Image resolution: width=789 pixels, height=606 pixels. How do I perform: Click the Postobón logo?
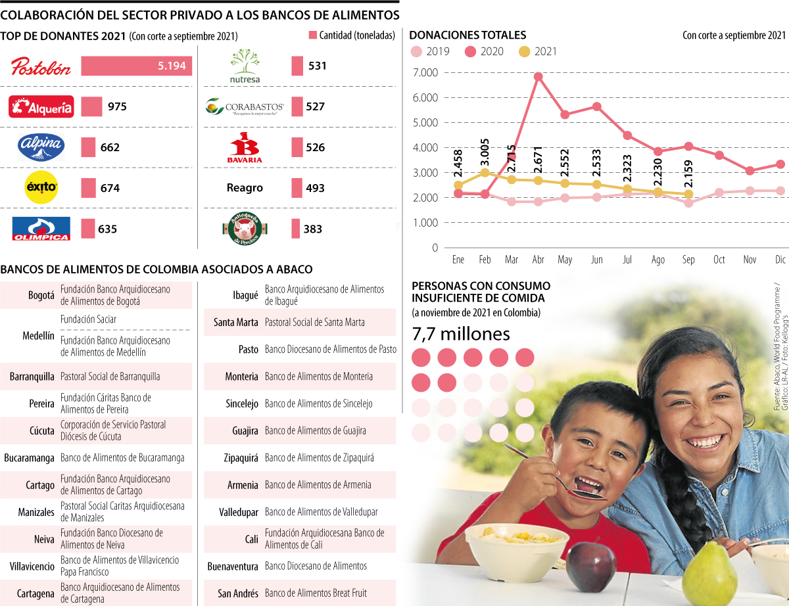coord(41,66)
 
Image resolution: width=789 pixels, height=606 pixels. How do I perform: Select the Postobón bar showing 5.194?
coord(136,66)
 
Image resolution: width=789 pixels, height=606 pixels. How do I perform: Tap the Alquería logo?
coord(41,106)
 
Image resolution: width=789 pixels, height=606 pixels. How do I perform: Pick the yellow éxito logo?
coord(41,187)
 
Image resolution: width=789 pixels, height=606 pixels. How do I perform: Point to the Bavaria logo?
coord(245,147)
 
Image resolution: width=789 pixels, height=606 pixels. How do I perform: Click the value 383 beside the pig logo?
coord(313,229)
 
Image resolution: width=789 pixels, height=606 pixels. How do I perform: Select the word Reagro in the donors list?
coord(245,188)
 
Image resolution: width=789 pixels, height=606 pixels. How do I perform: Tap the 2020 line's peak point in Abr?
coord(538,76)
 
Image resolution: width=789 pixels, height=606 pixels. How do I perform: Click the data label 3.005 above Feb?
coord(485,151)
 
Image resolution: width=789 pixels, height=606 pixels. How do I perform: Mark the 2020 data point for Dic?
coord(780,164)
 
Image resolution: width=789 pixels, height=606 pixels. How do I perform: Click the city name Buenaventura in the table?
coord(232,566)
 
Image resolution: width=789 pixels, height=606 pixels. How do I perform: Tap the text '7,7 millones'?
coord(460,335)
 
